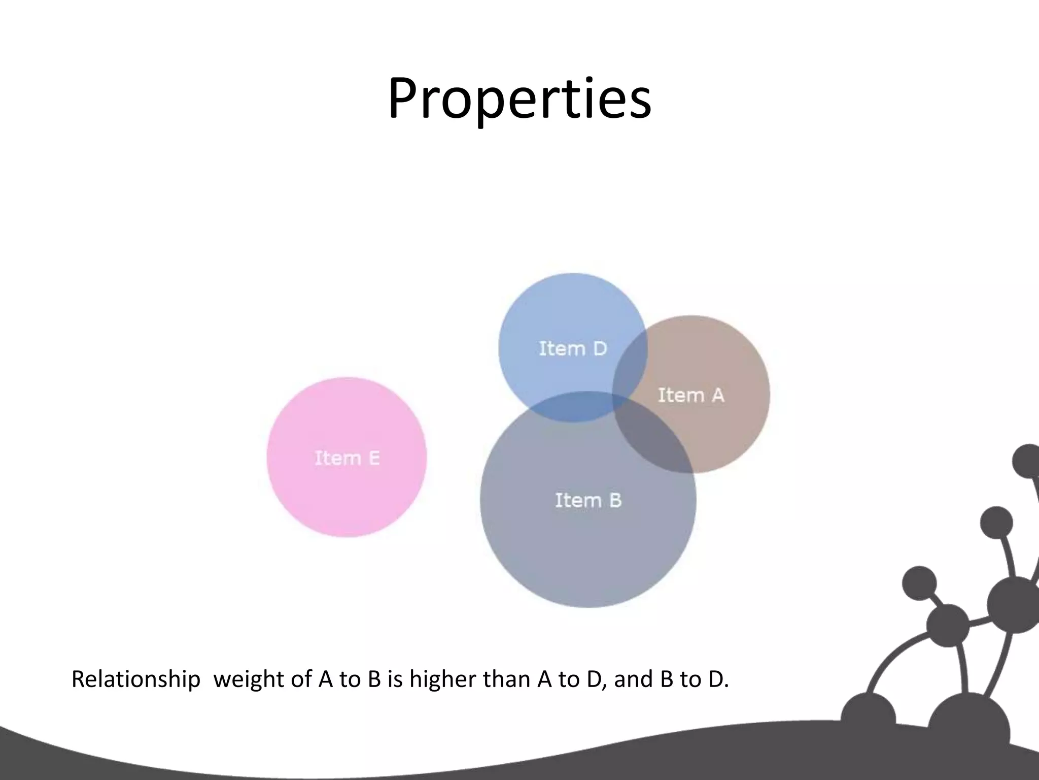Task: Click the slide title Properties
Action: (x=519, y=99)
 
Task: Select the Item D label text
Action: (x=573, y=349)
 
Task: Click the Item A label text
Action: (x=691, y=395)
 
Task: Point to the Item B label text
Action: (x=588, y=500)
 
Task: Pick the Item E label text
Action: (x=347, y=458)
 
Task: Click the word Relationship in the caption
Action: (x=135, y=679)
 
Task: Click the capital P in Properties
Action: (x=405, y=99)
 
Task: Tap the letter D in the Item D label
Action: (x=600, y=349)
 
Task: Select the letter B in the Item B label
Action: (x=615, y=500)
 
